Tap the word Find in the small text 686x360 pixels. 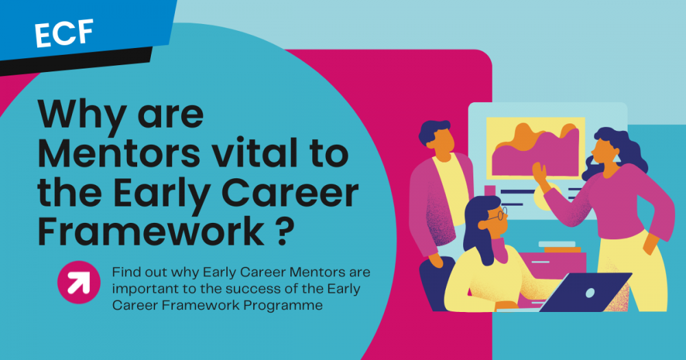pos(126,272)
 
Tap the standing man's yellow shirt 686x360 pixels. pos(460,192)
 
